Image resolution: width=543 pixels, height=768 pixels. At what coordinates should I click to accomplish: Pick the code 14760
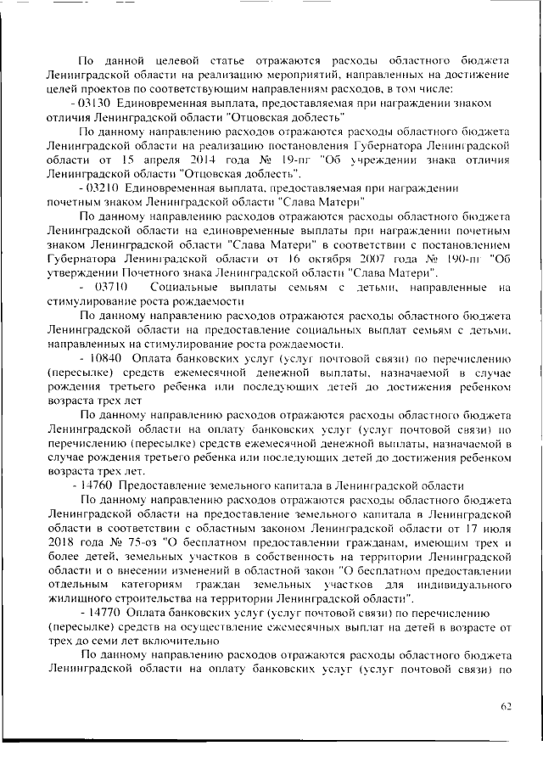[x=98, y=485]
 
